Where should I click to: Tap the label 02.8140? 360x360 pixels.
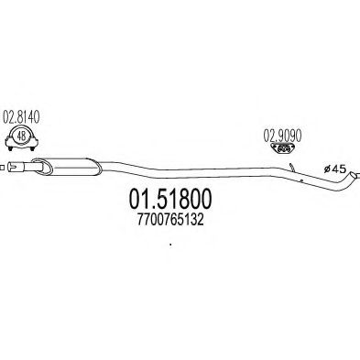pos(23,116)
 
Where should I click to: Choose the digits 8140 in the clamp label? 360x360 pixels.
pos(30,116)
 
